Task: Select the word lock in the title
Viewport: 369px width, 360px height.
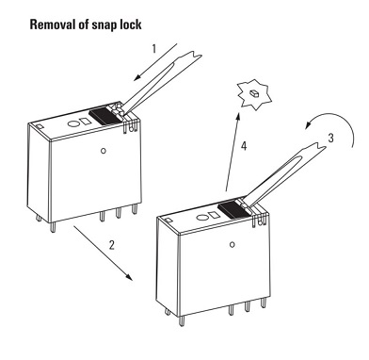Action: click(x=130, y=25)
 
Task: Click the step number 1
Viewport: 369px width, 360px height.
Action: click(x=153, y=49)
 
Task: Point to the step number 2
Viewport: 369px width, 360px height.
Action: click(x=112, y=245)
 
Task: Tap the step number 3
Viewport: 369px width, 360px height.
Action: click(x=330, y=138)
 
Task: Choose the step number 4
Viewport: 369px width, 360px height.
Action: click(x=244, y=146)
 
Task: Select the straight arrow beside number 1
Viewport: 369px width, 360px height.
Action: click(x=155, y=62)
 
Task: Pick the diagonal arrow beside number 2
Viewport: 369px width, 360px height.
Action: click(x=104, y=253)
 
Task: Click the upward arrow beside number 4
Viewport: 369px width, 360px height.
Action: click(x=233, y=152)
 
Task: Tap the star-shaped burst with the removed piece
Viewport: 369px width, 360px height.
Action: click(x=254, y=94)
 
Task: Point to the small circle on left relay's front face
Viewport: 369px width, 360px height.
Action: click(x=104, y=151)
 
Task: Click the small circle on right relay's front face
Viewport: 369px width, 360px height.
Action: click(x=233, y=244)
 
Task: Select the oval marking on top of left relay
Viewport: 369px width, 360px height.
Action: click(x=73, y=123)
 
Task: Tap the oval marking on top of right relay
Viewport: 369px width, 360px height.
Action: click(x=201, y=217)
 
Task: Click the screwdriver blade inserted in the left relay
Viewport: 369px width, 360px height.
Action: click(x=158, y=82)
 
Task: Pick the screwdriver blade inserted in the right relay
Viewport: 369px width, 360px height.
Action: click(x=284, y=175)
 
